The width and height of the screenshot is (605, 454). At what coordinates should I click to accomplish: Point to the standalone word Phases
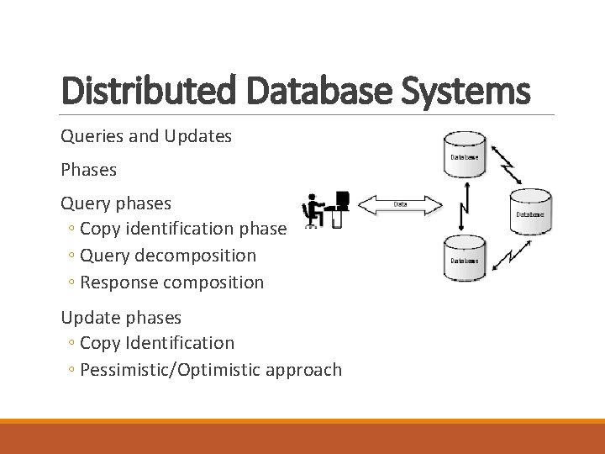point(88,169)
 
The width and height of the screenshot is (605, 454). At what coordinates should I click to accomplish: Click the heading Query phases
point(115,203)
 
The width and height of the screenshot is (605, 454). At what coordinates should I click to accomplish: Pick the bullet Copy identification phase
point(183,229)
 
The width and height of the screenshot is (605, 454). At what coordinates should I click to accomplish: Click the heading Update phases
point(121,317)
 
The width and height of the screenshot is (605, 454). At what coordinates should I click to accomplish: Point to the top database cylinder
point(465,155)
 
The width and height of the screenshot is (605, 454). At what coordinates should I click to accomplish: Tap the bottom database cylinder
point(464,258)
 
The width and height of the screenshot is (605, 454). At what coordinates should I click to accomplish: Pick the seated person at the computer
point(314,211)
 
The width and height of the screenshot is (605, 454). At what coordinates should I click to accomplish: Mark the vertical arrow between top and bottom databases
point(462,207)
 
